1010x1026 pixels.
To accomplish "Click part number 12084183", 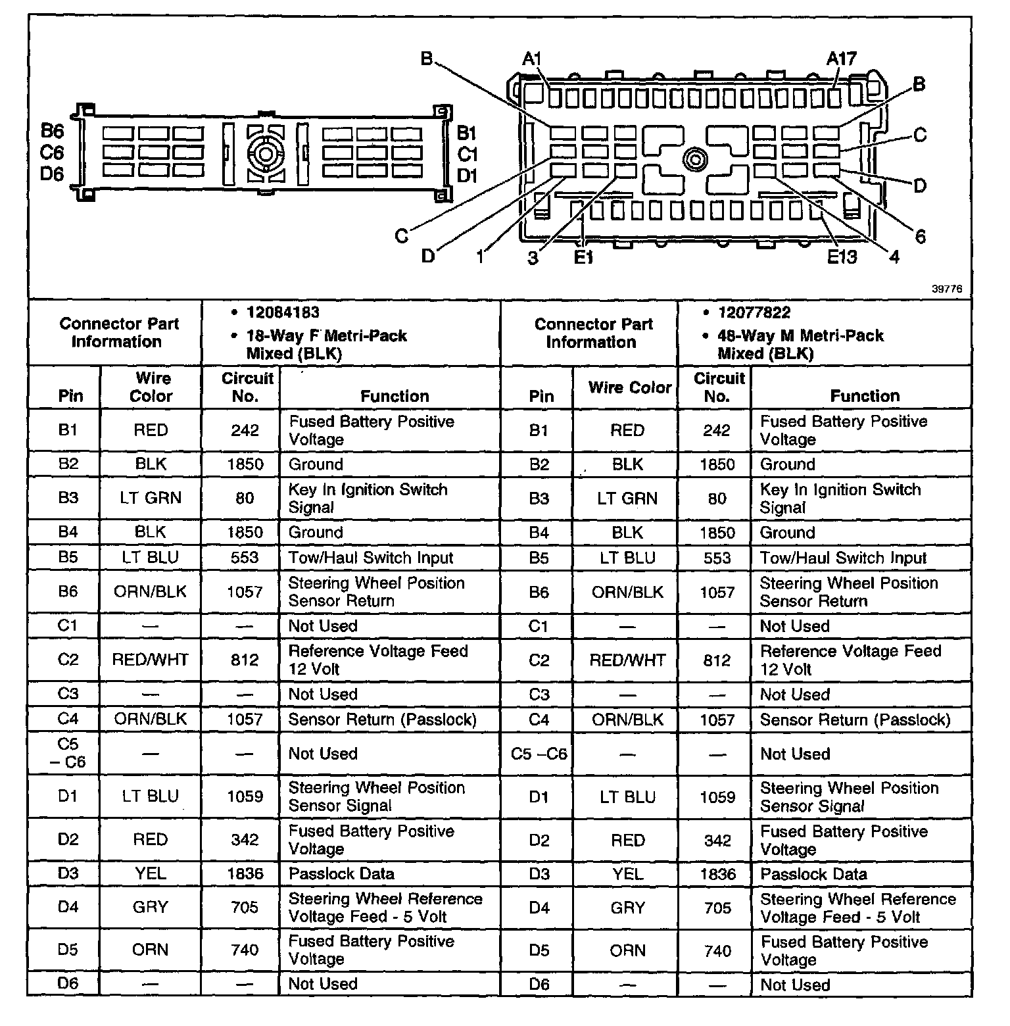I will [x=283, y=313].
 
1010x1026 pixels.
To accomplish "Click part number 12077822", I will [x=754, y=313].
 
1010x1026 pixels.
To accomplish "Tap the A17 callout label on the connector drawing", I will [x=842, y=59].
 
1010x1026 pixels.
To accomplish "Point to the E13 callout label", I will [x=842, y=256].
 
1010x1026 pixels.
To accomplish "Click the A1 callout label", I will [x=531, y=59].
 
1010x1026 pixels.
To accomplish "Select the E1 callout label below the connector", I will [x=583, y=257].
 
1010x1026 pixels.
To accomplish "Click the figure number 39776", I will [x=946, y=288].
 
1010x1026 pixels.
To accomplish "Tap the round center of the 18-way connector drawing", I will [x=265, y=155].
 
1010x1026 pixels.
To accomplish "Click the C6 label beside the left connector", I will [x=52, y=153].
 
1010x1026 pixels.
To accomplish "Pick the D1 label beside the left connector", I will [x=467, y=176].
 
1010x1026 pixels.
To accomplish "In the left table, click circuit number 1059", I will [x=245, y=796].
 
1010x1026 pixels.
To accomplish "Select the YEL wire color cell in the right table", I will [x=627, y=874].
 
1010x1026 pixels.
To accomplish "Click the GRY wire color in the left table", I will [x=151, y=908].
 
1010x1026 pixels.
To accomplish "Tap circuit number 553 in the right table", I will [x=717, y=558].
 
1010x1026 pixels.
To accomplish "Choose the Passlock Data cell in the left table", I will [x=341, y=874].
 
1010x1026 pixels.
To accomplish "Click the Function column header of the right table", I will [x=865, y=395].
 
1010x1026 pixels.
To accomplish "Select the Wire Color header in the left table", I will [x=151, y=387].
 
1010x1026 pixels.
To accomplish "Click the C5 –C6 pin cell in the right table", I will [x=539, y=754].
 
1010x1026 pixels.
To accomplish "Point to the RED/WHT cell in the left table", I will [x=151, y=660].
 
